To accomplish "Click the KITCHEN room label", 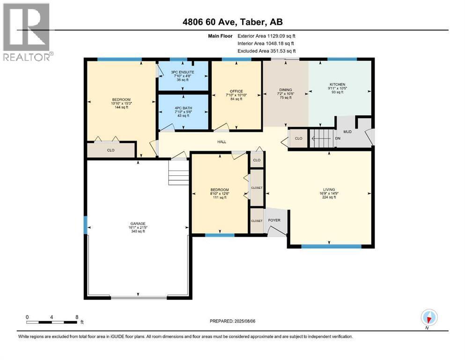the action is [x=338, y=84].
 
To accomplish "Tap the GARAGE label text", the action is [x=138, y=224].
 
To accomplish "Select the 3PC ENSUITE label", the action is [x=182, y=72].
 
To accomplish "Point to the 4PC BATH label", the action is [x=183, y=108].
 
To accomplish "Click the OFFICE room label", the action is [x=236, y=91].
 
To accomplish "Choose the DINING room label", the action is [x=286, y=90].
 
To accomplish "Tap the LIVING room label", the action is [x=329, y=189].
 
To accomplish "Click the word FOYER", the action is [x=274, y=220].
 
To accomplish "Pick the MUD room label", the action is [x=347, y=131].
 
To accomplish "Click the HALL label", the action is [x=221, y=142].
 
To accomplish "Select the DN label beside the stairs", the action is [x=338, y=138].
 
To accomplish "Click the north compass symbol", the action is [x=429, y=317].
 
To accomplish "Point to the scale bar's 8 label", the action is [x=77, y=317].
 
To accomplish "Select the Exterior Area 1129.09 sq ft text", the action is [x=266, y=36].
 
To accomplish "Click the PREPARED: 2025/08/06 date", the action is [x=232, y=321].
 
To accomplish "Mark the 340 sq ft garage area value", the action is [x=138, y=231].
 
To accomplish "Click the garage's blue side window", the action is [x=85, y=225].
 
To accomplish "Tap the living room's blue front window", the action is [x=331, y=247].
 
